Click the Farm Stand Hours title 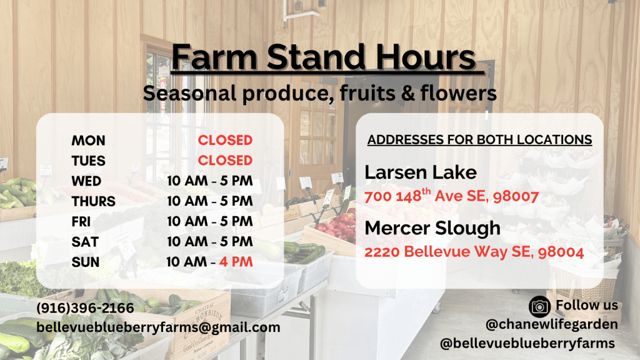(324, 57)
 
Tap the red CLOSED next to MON (225, 141)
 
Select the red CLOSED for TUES (225, 161)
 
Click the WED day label (86, 181)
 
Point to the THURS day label (94, 201)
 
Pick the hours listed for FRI (210, 221)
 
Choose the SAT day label (85, 242)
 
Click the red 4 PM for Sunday (236, 262)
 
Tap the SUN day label (85, 262)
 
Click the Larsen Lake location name (421, 172)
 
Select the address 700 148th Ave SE (451, 196)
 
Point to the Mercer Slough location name (432, 228)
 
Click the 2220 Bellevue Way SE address (474, 251)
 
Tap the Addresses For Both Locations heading (479, 139)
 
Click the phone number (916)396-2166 (85, 307)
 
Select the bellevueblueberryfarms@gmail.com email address (158, 327)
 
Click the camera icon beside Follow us (539, 306)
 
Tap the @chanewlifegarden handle (552, 324)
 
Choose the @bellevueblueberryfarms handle (527, 343)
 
